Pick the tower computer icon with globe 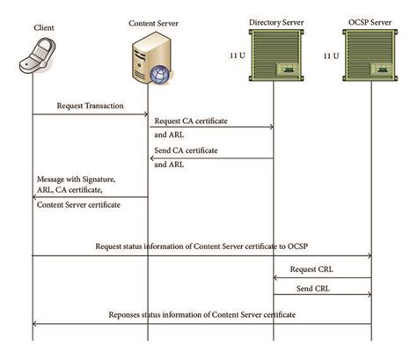point(149,62)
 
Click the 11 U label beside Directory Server point(236,56)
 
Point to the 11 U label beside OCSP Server point(331,56)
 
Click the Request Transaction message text point(90,106)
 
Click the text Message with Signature point(76,180)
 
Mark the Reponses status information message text point(201,314)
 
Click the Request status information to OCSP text point(201,246)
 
